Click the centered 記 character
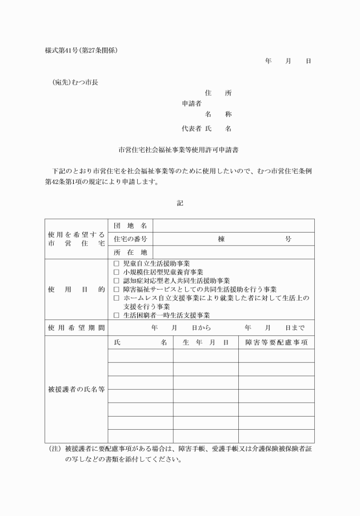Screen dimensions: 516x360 tap(180, 202)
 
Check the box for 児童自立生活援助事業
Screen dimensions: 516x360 tap(117, 263)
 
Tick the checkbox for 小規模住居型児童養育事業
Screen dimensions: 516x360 tap(117, 272)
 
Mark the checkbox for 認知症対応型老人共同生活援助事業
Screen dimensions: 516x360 tap(117, 281)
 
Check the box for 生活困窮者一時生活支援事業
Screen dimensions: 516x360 tap(117, 315)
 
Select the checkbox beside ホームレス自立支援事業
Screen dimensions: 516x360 tap(117, 298)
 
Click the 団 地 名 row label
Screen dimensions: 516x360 tap(130, 226)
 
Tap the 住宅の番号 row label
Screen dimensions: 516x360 tap(130, 239)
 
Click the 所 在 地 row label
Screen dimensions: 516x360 tap(130, 252)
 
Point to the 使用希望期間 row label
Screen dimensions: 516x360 tap(77, 328)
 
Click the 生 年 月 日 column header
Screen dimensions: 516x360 tap(206, 342)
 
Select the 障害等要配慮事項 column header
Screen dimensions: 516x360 tap(277, 342)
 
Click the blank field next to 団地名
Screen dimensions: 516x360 tap(233, 226)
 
